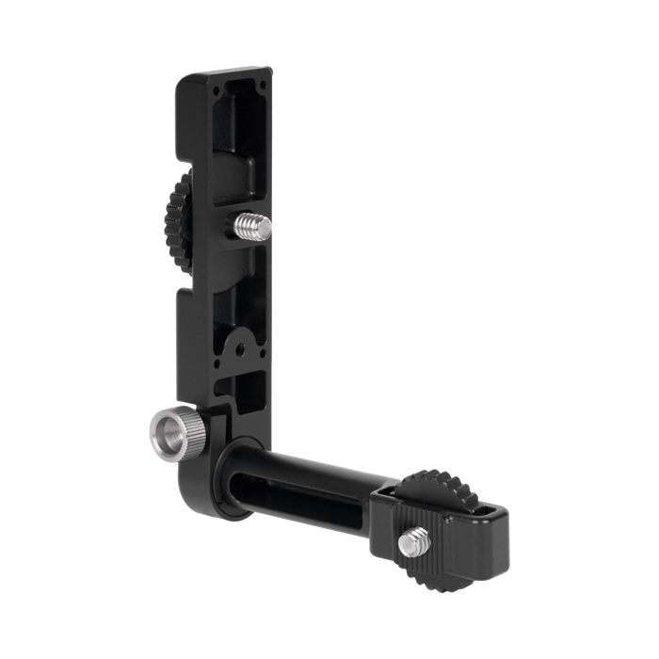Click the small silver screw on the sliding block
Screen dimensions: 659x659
[x=412, y=541]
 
